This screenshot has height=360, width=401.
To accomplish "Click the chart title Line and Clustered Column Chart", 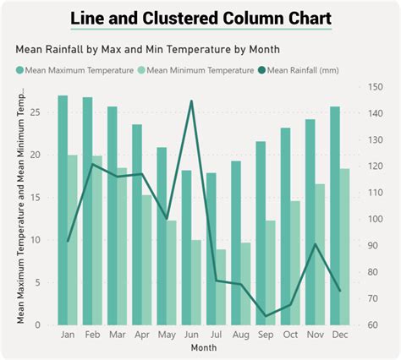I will [x=200, y=18].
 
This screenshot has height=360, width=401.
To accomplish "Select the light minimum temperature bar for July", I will [x=221, y=286].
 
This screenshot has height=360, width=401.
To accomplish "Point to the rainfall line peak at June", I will [x=191, y=101].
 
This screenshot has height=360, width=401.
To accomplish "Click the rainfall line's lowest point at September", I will [x=266, y=316].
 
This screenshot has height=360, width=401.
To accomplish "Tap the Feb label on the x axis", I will [x=93, y=335].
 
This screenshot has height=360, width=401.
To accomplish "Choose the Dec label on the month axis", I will [x=339, y=335].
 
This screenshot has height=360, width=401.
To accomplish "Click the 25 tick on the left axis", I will [x=35, y=112].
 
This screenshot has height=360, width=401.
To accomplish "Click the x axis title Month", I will [x=203, y=347].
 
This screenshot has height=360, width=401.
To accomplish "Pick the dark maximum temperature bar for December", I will [x=335, y=215].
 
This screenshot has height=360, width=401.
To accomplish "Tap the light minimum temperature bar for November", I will [x=320, y=254].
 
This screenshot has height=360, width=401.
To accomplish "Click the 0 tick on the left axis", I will [x=38, y=325].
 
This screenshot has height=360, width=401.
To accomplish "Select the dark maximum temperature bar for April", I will [x=137, y=224].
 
